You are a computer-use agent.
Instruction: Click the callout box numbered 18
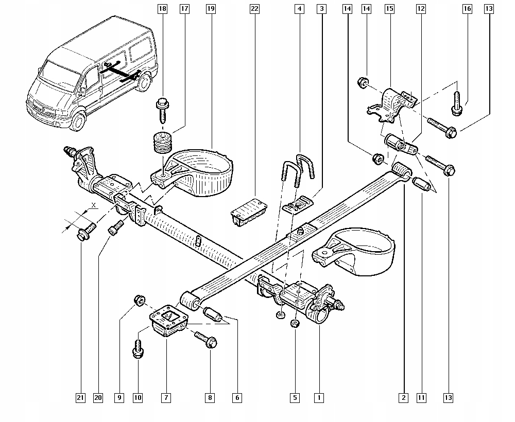pos(163,9)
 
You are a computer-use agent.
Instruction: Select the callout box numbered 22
pos(254,9)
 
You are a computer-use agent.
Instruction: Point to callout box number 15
pos(389,9)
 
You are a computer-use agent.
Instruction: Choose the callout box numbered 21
pos(80,397)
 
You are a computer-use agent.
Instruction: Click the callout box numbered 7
pos(166,397)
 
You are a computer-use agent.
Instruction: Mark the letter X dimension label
pos(93,205)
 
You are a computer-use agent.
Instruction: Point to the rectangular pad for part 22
pos(249,211)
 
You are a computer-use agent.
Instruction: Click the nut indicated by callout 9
pos(138,300)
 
